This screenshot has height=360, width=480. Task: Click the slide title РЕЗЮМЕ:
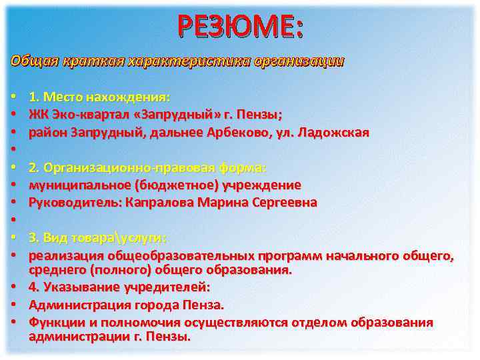[x=240, y=27]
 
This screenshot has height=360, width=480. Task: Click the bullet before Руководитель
[x=15, y=202]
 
